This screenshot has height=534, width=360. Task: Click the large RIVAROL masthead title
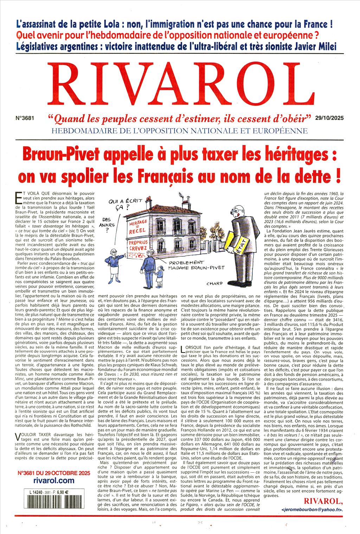click(x=180, y=84)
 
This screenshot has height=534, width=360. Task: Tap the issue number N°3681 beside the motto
click(x=25, y=119)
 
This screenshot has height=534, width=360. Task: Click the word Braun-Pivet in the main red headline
click(x=57, y=154)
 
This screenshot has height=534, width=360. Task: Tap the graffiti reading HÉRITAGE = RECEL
click(x=137, y=227)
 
